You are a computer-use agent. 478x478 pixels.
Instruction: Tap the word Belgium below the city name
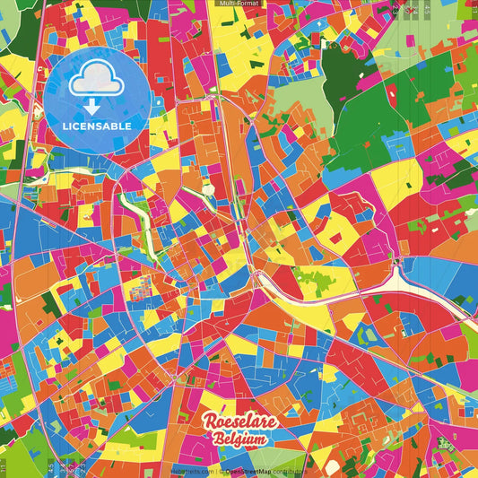point(239,439)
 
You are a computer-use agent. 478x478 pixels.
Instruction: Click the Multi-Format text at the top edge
point(238,4)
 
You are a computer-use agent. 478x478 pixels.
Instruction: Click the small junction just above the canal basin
point(398,261)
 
